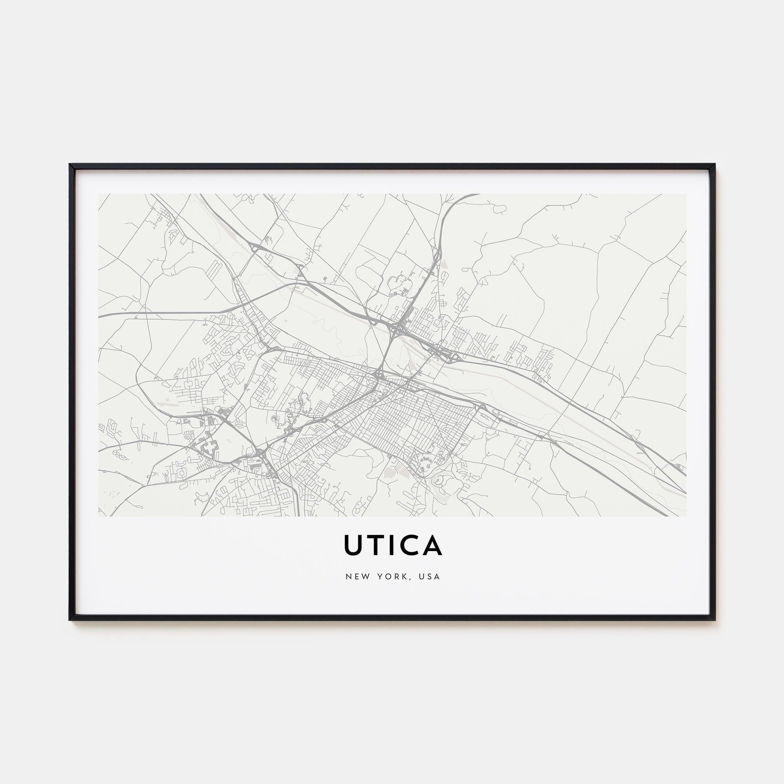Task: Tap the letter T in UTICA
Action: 376,545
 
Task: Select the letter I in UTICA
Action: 392,545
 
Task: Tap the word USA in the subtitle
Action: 430,577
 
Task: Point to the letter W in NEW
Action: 363,577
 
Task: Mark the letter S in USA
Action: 430,577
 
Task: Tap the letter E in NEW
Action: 355,577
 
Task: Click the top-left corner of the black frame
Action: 70,165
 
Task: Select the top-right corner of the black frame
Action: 715,165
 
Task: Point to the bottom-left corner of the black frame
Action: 70,620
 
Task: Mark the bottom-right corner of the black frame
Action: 715,620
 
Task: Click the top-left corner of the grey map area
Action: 99,194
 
